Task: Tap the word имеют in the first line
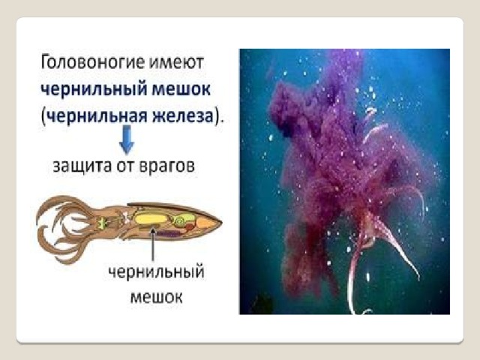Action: tap(176, 63)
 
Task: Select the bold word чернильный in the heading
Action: tap(94, 90)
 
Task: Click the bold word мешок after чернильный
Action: tap(181, 90)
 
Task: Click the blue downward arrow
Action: tap(127, 139)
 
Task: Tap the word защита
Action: tap(82, 166)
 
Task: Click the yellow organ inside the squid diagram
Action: tap(150, 219)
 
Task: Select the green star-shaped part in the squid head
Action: tap(102, 222)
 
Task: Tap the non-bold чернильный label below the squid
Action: tap(157, 272)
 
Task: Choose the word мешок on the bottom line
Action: tap(157, 297)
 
